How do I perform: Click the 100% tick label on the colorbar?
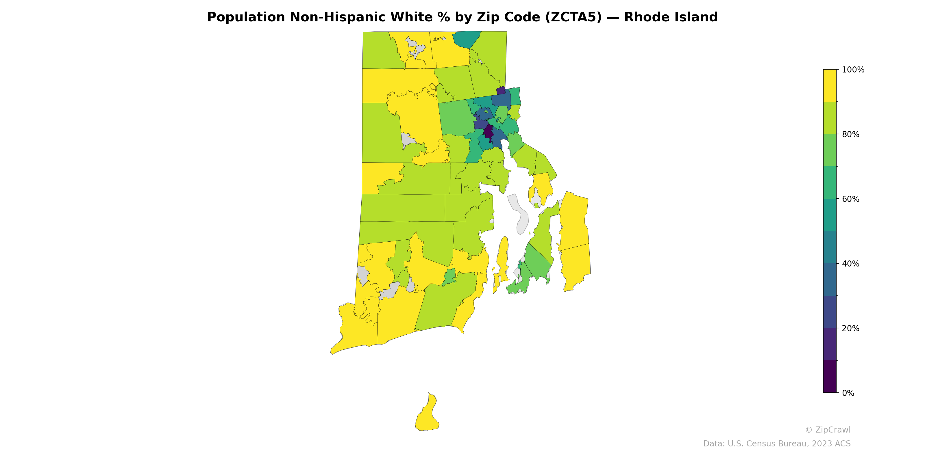pyautogui.click(x=853, y=70)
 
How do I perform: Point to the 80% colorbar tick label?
pyautogui.click(x=850, y=135)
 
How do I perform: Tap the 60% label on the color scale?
pyautogui.click(x=850, y=199)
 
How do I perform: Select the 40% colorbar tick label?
pyautogui.click(x=850, y=264)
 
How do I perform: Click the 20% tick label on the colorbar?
pyautogui.click(x=850, y=328)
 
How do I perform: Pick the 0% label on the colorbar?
pyautogui.click(x=848, y=393)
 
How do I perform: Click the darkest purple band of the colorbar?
pyautogui.click(x=830, y=377)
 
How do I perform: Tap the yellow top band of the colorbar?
pyautogui.click(x=830, y=85)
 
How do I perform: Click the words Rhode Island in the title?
pyautogui.click(x=671, y=17)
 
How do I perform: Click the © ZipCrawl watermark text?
pyautogui.click(x=827, y=430)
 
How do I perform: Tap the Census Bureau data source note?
pyautogui.click(x=777, y=444)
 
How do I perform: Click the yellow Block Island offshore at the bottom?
pyautogui.click(x=427, y=416)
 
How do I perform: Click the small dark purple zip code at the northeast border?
pyautogui.click(x=501, y=90)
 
